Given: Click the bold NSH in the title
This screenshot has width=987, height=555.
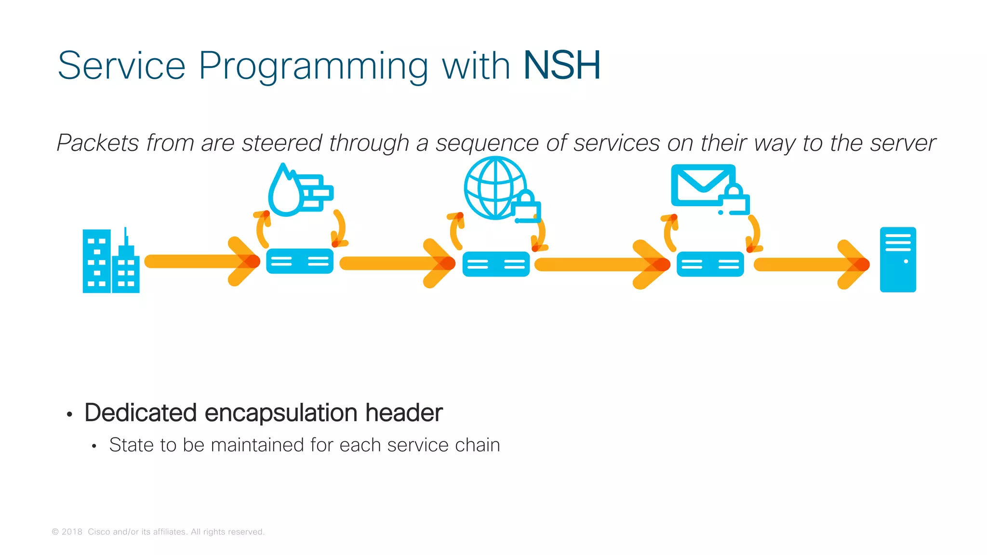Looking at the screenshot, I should pos(562,66).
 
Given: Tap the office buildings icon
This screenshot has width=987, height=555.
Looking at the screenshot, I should pos(111,261).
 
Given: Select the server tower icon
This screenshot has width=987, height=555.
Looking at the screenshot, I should pos(898,260).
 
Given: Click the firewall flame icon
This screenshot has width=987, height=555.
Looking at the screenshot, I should pos(299,190).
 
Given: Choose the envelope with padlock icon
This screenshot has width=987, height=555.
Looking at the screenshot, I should pos(708,189).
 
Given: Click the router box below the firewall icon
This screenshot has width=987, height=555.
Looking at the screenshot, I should pos(300,261).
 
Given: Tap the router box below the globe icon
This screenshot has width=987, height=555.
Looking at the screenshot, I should pos(496,264).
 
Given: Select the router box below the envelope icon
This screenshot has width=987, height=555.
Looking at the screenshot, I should pos(710,264).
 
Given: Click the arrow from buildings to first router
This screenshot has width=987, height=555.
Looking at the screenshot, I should pos(202,261).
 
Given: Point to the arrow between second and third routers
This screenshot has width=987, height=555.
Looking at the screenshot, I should pos(602,264).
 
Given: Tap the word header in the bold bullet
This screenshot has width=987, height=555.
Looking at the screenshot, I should pos(403,413).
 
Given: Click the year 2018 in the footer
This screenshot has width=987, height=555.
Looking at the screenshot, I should pos(72,532).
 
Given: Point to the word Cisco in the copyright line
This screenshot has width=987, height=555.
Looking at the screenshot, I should pos(98,532).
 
